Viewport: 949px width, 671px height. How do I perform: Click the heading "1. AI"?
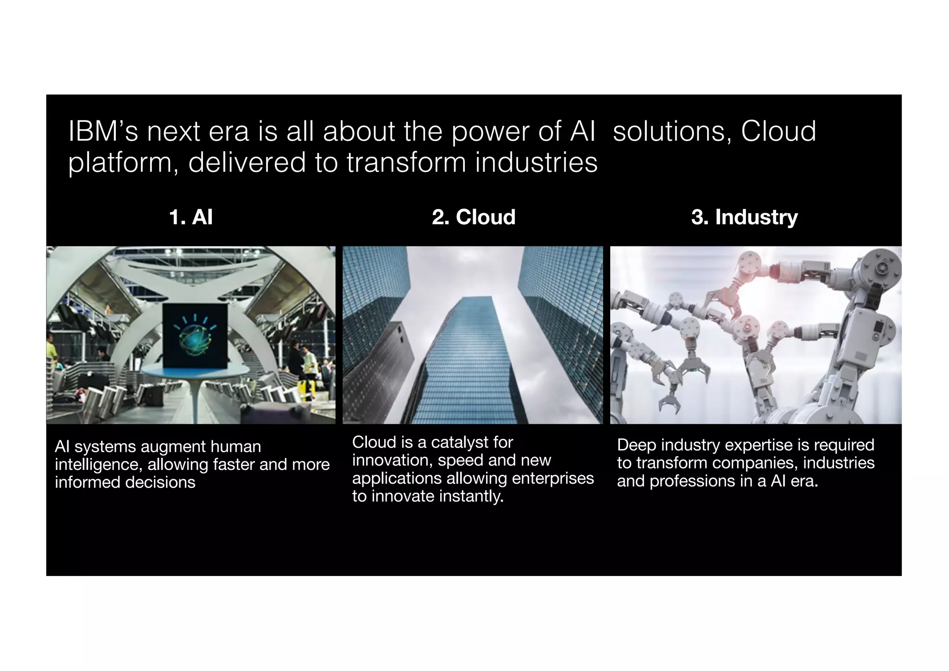(191, 217)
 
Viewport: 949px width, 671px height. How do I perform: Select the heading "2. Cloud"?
(474, 217)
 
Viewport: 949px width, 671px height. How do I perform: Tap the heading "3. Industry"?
(744, 217)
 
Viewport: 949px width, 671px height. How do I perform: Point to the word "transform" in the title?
(406, 163)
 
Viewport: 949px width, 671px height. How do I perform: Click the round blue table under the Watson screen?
(195, 370)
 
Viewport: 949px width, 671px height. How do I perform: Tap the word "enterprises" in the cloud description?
(553, 478)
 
